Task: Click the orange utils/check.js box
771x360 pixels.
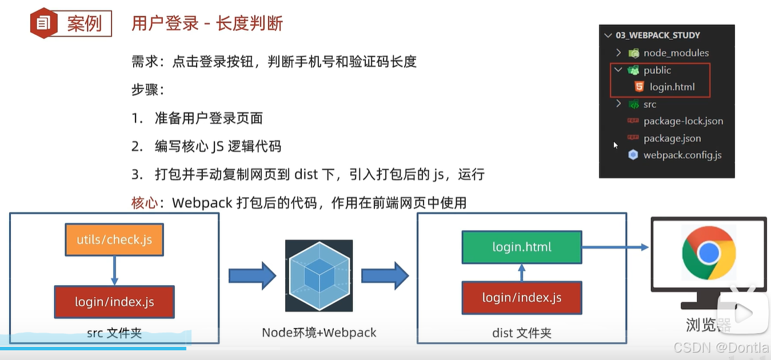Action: [x=114, y=239]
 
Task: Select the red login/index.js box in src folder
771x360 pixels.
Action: [x=114, y=302]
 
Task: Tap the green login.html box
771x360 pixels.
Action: [x=522, y=247]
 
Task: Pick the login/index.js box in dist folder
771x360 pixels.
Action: [x=522, y=298]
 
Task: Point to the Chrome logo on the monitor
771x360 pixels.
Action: [x=709, y=252]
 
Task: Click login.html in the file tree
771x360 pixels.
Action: [x=672, y=87]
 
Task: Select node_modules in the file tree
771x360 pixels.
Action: [x=676, y=53]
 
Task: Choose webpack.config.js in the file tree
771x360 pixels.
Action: [x=682, y=155]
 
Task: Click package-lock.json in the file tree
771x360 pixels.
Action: [x=683, y=121]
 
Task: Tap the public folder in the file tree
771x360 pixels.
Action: [x=657, y=70]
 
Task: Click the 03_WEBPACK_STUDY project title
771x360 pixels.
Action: [x=657, y=35]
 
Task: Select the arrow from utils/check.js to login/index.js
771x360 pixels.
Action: [x=114, y=270]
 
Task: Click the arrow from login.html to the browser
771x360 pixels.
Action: [x=615, y=247]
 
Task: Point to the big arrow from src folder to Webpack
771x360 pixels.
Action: [x=252, y=276]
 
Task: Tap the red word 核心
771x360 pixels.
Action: [x=144, y=203]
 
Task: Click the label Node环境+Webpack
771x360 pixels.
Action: [x=319, y=333]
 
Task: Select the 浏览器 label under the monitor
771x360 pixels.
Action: [x=708, y=325]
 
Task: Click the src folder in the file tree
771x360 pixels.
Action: [x=649, y=105]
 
